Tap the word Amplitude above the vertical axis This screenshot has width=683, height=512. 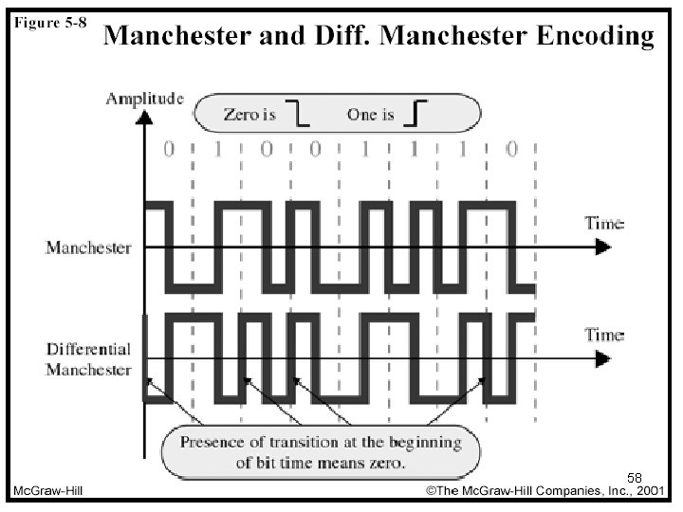click(x=145, y=98)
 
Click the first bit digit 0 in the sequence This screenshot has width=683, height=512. click(x=170, y=151)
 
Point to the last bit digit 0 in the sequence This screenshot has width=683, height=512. click(x=512, y=151)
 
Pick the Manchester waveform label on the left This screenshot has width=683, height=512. click(x=88, y=248)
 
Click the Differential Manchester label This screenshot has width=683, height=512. click(x=88, y=358)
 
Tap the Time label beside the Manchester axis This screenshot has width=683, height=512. click(x=604, y=224)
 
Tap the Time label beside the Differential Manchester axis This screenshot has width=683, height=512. click(x=604, y=335)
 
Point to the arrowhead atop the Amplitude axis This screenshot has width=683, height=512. click(x=144, y=118)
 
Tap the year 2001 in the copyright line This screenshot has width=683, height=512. click(x=649, y=491)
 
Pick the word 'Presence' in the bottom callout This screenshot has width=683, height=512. click(x=212, y=443)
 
